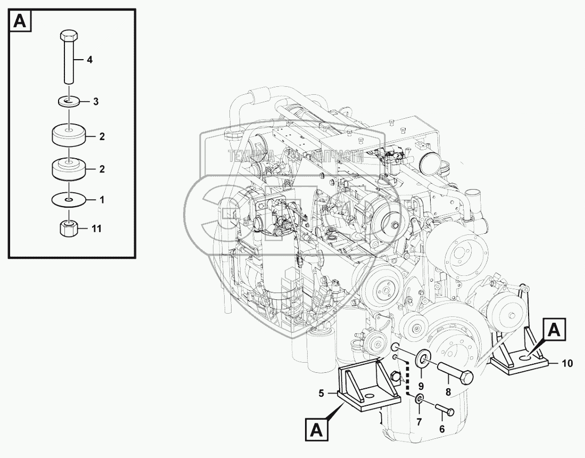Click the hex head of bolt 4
(68, 37)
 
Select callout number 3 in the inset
(96, 101)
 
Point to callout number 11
(96, 229)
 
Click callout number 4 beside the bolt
(89, 61)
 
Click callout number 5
(321, 394)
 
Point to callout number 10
(567, 364)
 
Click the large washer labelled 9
(423, 361)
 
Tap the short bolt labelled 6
(443, 409)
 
